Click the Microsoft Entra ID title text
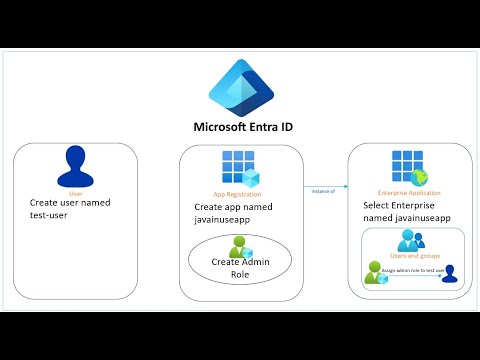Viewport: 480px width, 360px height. pos(239,127)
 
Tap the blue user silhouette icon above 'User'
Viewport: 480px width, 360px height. pos(76,165)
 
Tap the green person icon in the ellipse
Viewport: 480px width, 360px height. pos(239,247)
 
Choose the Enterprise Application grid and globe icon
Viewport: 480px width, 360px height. pos(406,165)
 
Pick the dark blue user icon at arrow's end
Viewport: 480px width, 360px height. pos(450,273)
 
